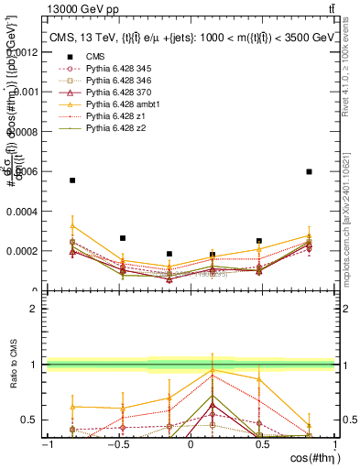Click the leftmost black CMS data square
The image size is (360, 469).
tap(72, 180)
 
